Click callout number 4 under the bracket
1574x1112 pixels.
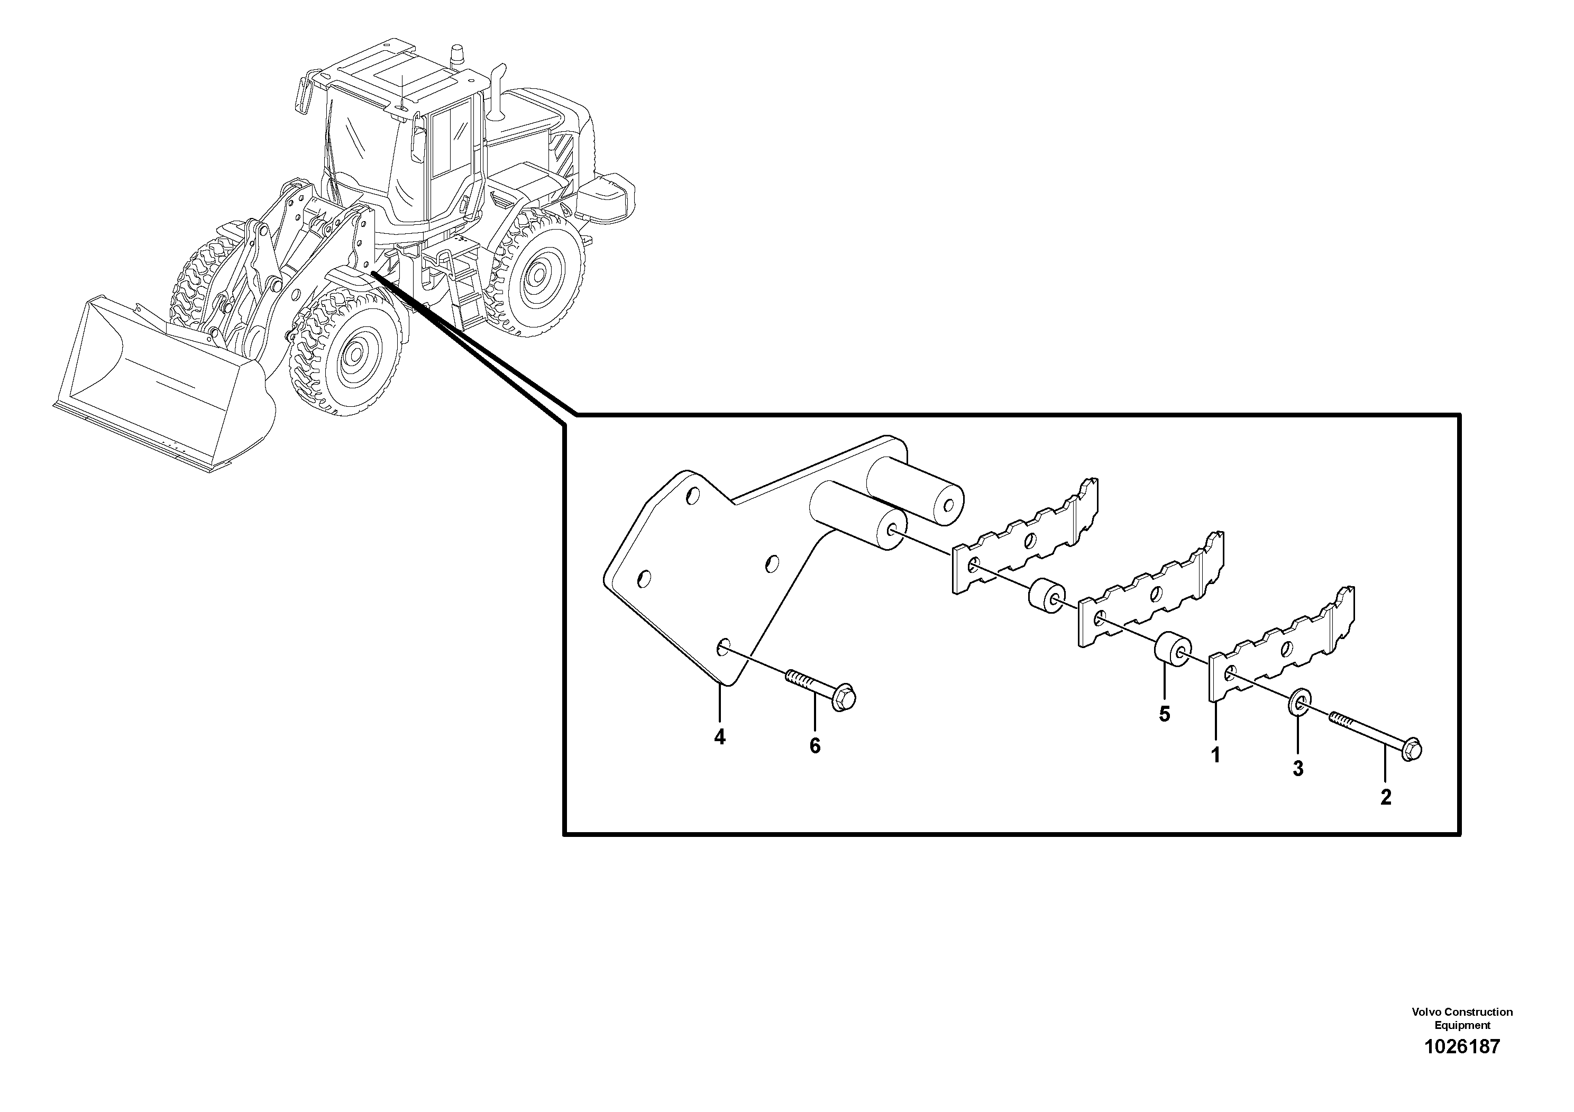pos(719,737)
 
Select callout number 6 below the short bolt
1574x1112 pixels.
pos(815,746)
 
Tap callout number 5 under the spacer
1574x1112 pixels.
pos(1164,714)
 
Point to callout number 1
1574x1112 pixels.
pos(1215,755)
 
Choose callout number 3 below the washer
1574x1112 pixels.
pos(1298,769)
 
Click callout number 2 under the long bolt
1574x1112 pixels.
pos(1386,798)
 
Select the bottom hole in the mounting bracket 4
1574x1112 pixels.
pos(721,646)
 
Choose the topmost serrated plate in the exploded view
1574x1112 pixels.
pos(1026,535)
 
